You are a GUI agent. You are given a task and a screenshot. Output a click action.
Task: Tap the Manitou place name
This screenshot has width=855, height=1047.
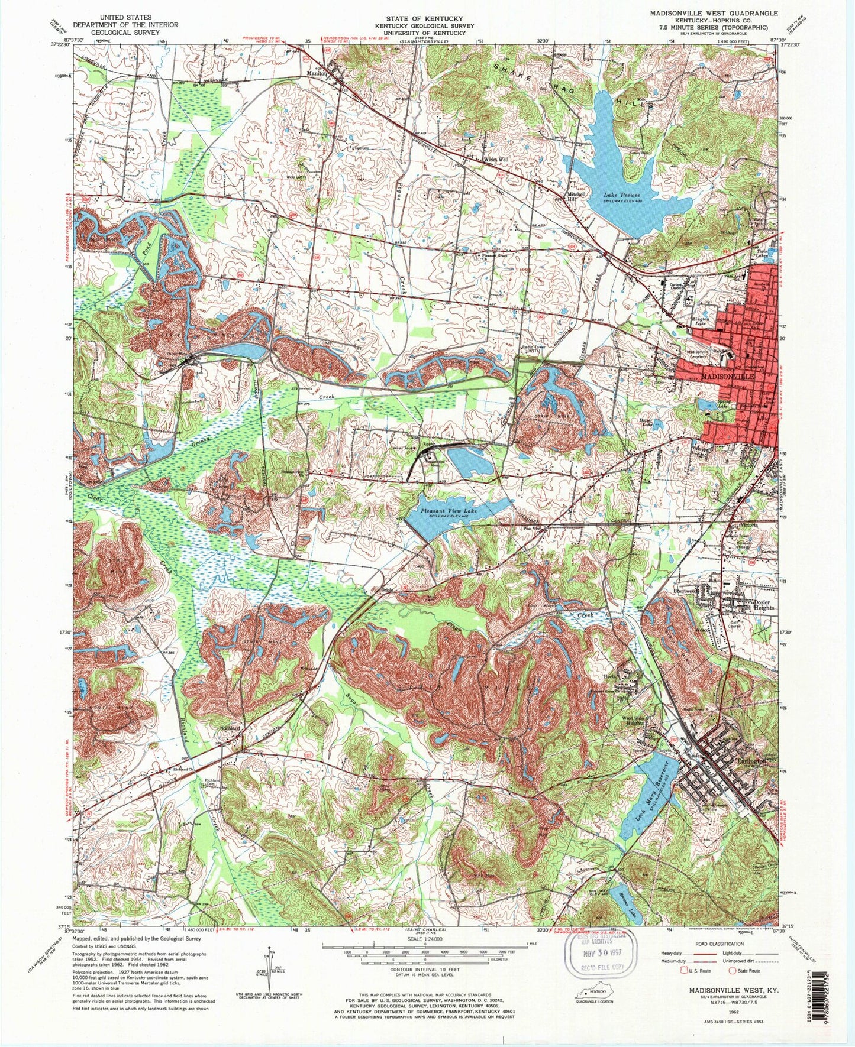pyautogui.click(x=317, y=74)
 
